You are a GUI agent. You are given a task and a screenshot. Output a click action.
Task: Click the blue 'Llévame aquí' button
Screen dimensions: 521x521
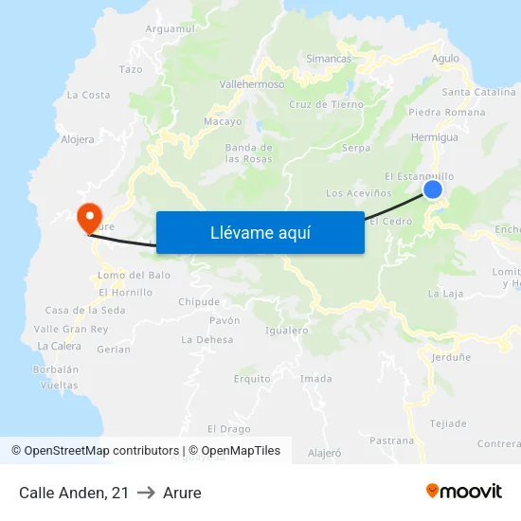tap(260, 232)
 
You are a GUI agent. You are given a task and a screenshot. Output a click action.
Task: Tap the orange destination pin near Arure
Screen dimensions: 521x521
tap(91, 217)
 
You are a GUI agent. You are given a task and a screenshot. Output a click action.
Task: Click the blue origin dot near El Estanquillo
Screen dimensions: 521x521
tap(433, 189)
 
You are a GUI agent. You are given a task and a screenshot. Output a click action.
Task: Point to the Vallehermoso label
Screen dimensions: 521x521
tap(252, 84)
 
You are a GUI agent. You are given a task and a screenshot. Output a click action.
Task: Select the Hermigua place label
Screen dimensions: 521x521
tap(436, 137)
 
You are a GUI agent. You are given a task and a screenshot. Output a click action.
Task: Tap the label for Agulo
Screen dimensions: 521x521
tap(444, 59)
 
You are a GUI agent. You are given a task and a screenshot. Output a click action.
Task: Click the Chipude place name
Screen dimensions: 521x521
tap(199, 302)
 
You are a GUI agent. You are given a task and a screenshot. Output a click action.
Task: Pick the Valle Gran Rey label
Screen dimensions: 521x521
tap(71, 329)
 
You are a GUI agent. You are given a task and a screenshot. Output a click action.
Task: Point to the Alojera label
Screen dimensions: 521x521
tap(78, 139)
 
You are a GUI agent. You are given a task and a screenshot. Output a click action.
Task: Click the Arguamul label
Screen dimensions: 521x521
tap(171, 29)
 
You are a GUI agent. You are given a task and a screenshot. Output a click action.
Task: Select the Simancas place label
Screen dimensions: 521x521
tap(329, 59)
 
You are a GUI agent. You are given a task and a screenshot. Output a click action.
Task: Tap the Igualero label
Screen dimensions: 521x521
tap(287, 331)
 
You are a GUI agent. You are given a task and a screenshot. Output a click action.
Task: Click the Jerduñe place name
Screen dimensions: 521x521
tap(451, 357)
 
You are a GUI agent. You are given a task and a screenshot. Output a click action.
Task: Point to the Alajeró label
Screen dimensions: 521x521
tap(325, 453)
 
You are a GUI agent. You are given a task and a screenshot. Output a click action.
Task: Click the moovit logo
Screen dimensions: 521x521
tap(464, 491)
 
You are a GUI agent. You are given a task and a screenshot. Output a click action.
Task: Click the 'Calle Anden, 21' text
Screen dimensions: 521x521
tap(74, 493)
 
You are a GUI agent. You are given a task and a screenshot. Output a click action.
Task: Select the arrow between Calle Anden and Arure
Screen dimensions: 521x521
tap(146, 493)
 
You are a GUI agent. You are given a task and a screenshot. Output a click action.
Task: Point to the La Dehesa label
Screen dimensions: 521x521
tap(207, 339)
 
